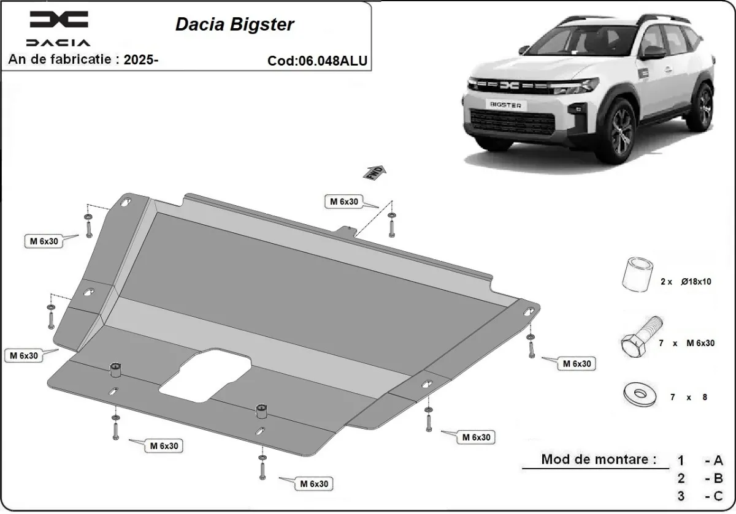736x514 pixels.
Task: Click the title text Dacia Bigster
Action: [235, 24]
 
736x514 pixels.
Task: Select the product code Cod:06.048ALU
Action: [318, 61]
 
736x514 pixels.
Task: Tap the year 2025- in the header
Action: [141, 59]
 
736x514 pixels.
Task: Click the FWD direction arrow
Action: [375, 173]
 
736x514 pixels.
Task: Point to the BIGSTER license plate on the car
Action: [505, 105]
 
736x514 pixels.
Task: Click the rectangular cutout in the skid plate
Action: [205, 371]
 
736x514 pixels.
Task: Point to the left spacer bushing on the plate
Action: [115, 370]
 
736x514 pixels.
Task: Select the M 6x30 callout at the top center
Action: [343, 202]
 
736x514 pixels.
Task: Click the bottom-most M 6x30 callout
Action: [314, 484]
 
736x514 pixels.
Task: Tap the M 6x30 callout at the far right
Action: [577, 364]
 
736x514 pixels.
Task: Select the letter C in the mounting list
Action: [718, 496]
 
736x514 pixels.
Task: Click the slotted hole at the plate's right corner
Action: [528, 310]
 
